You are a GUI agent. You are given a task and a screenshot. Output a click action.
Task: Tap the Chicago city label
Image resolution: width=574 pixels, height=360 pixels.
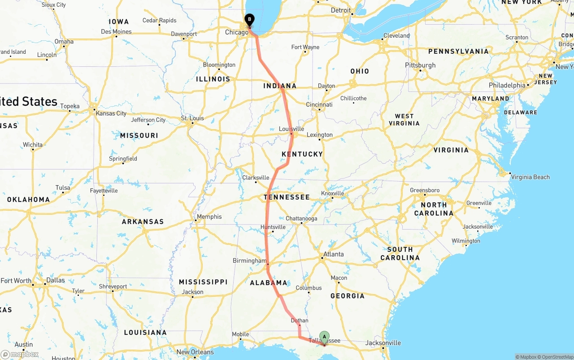click(236, 32)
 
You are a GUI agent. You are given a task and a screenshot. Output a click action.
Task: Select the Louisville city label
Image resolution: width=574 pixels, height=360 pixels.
click(291, 129)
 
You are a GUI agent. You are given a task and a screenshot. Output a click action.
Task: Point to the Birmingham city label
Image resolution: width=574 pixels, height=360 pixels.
click(249, 261)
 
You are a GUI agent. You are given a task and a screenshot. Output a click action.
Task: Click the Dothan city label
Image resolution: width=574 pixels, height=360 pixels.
click(300, 321)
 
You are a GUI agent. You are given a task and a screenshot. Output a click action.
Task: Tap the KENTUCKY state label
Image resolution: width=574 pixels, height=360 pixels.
click(302, 154)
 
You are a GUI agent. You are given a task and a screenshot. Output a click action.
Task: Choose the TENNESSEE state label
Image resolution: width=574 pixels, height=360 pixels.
click(287, 197)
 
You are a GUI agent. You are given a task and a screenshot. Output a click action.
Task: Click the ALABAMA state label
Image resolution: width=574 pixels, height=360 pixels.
click(269, 282)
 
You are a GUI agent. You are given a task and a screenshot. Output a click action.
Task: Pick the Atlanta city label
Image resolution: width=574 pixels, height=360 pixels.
click(334, 254)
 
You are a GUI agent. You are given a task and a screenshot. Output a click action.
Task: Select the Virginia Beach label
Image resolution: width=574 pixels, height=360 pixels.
click(530, 177)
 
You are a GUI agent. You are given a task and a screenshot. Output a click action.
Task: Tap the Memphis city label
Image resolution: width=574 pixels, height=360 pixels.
click(209, 217)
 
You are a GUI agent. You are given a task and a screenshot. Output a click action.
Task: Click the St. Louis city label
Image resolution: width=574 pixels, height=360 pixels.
click(192, 118)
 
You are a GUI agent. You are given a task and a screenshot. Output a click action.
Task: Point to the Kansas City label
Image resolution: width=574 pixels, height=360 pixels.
click(111, 113)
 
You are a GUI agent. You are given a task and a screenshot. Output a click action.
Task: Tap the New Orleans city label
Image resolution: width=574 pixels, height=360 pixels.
click(195, 352)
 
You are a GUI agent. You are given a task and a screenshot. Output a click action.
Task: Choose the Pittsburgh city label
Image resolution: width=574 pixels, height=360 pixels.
click(420, 65)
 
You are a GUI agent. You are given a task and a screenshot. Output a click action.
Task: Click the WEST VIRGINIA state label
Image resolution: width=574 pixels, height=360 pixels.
click(404, 120)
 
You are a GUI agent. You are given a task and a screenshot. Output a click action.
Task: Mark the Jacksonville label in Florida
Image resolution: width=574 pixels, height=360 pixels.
click(383, 343)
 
